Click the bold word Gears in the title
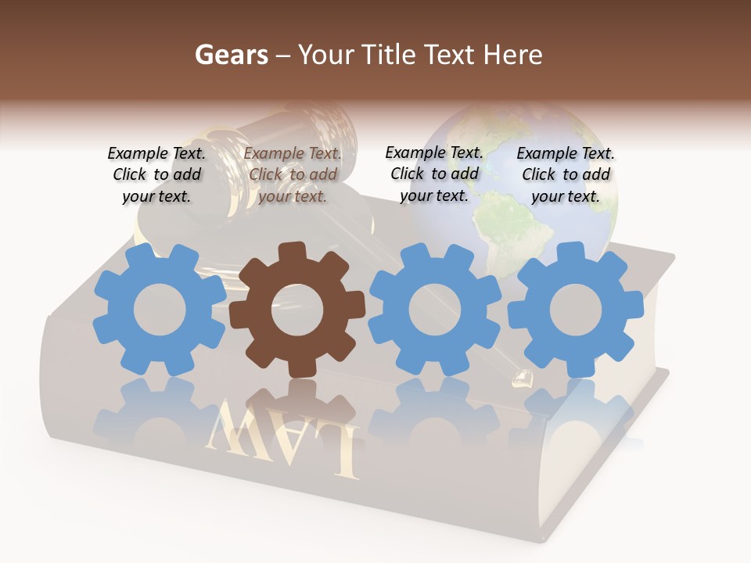coord(231,55)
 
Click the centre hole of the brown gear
coord(297,310)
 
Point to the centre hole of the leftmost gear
coord(160,310)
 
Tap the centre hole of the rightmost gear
coord(576,310)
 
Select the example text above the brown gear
coord(293,175)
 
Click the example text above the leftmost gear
coord(156,175)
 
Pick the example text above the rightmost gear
coord(566,175)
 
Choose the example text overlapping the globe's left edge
coord(434,174)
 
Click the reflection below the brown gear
coord(297,407)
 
